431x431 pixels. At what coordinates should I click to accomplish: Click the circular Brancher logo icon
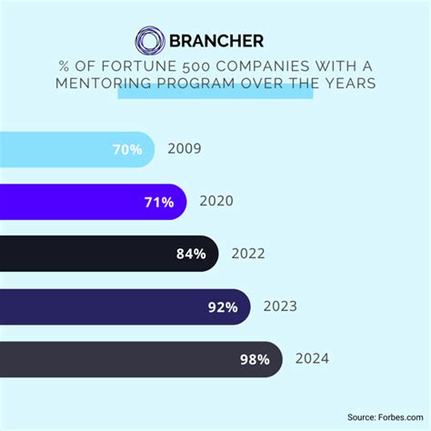149,41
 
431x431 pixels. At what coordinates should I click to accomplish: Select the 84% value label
190,254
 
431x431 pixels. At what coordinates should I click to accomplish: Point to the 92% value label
222,306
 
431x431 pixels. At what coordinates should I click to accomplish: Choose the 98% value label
254,359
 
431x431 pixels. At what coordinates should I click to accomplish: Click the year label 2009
184,149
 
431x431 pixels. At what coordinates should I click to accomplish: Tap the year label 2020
216,202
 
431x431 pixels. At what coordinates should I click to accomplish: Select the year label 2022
248,254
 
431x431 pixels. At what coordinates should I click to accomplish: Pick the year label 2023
280,306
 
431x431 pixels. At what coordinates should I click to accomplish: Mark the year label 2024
312,359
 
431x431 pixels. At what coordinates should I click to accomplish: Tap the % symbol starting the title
64,65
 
